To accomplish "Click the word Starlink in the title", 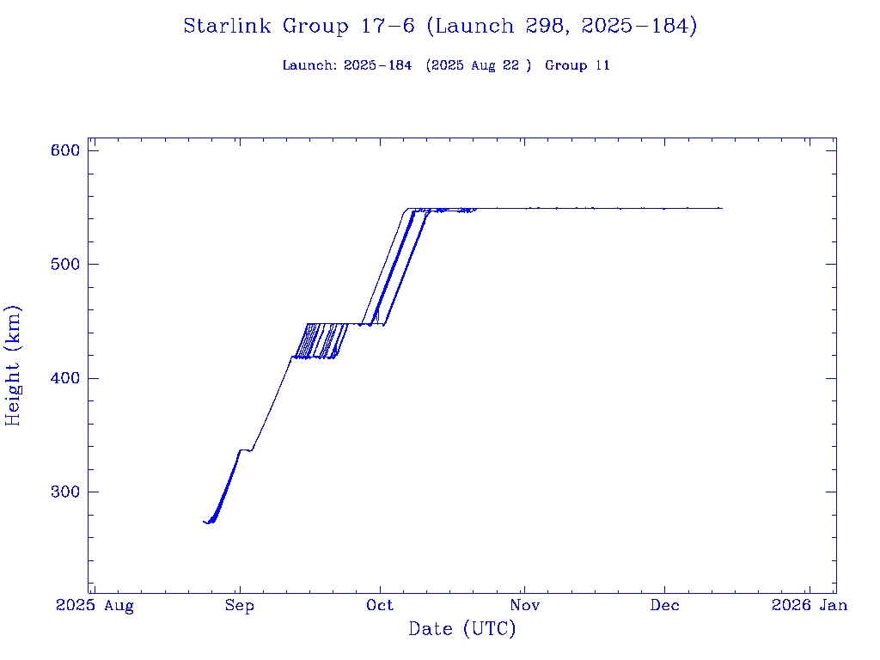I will [x=229, y=27].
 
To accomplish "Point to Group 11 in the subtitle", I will [x=577, y=65].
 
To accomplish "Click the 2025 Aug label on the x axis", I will [x=95, y=605].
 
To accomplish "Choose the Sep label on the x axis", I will [x=239, y=605].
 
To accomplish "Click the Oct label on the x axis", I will [x=380, y=605].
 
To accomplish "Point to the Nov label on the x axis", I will [x=524, y=605].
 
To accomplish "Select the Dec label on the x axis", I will [x=664, y=605].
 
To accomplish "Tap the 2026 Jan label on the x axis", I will [x=809, y=605].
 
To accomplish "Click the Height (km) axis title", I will [x=14, y=365].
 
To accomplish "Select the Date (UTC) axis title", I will [x=462, y=630].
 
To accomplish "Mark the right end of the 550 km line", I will [x=721, y=208].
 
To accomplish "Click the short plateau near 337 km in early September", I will [x=246, y=449].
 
